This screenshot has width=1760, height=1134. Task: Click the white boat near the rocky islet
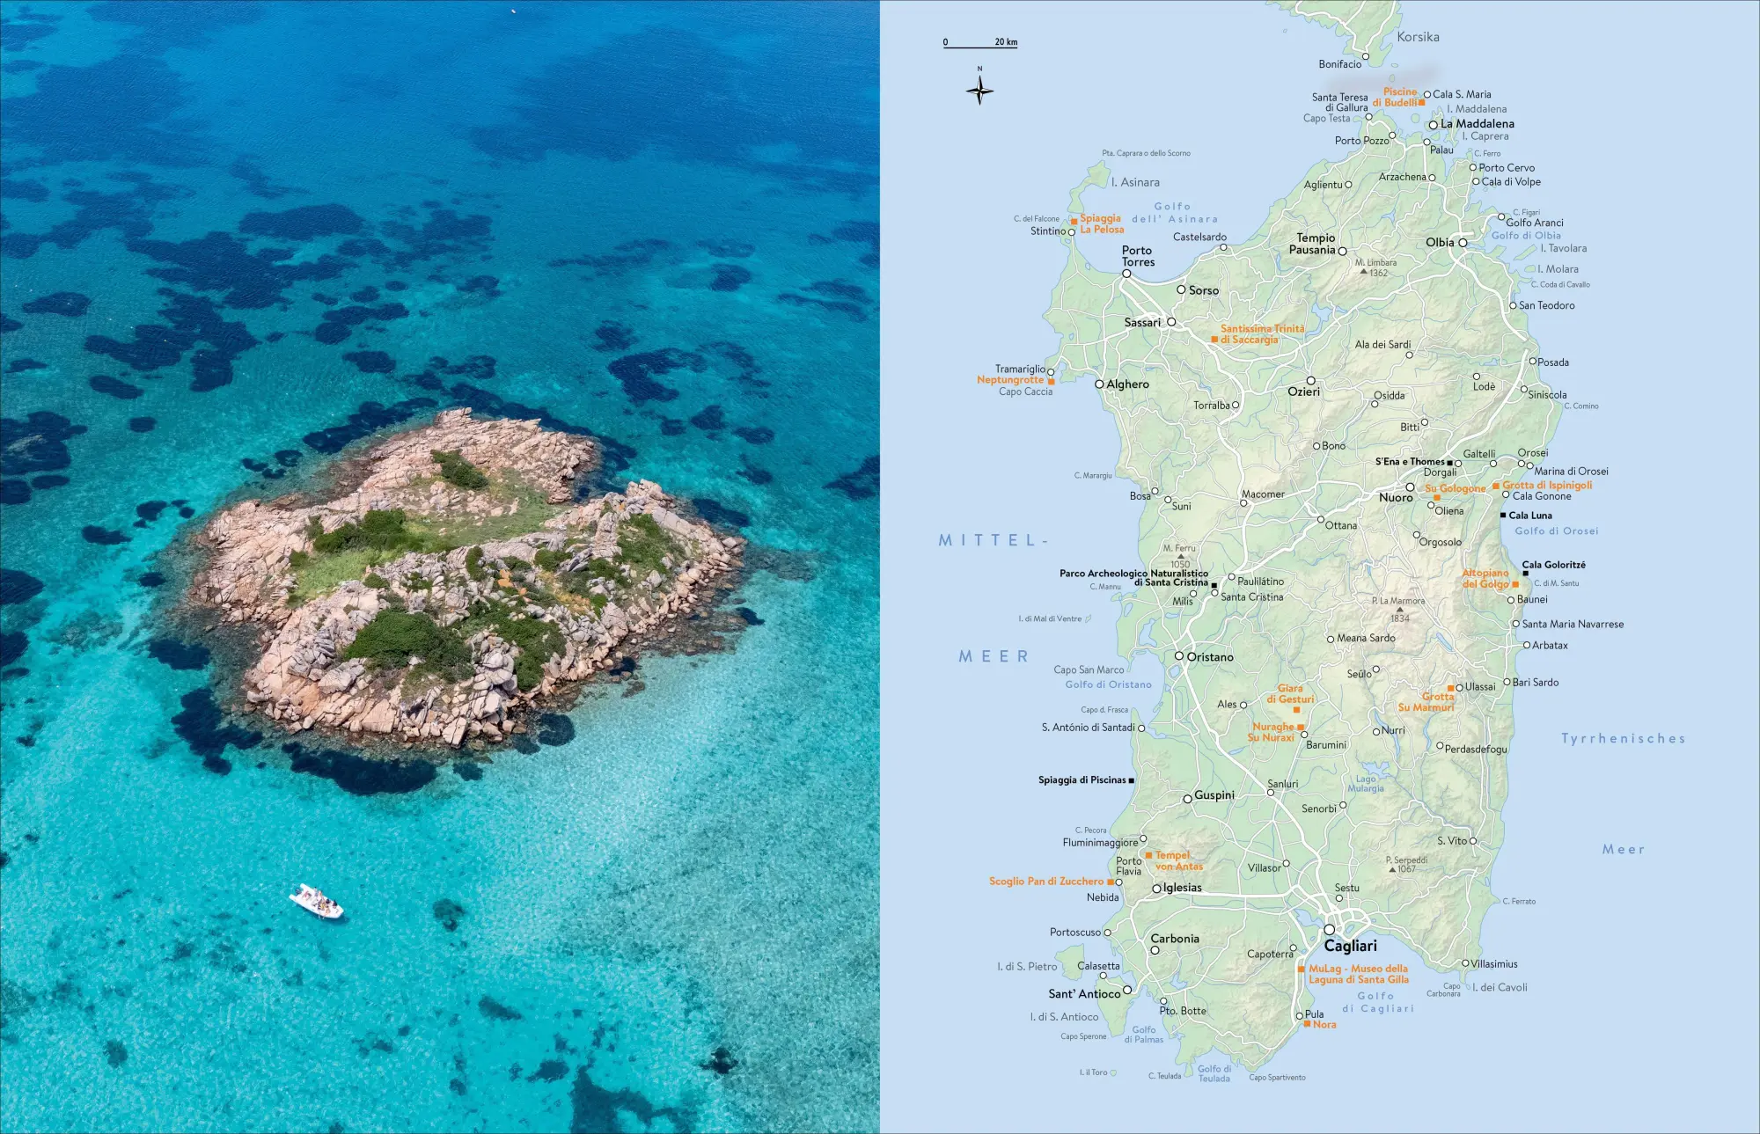(316, 902)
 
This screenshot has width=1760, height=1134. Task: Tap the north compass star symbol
(979, 90)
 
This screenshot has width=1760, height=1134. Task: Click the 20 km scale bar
(980, 46)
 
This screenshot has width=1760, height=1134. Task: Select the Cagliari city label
(1350, 946)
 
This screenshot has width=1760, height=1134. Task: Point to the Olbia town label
(1440, 242)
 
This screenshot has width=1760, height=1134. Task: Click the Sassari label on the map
(1142, 323)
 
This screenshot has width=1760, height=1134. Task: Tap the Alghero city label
(1127, 384)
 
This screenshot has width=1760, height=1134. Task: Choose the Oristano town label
(1210, 657)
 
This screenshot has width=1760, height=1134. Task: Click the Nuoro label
(1396, 498)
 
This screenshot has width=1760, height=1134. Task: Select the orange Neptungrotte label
(1010, 380)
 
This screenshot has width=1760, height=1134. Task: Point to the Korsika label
(1418, 37)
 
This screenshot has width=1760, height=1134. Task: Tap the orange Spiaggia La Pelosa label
(1102, 223)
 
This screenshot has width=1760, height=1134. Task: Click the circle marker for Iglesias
(1156, 889)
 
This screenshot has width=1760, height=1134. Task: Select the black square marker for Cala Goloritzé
(1525, 574)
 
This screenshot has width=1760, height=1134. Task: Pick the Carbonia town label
(1175, 939)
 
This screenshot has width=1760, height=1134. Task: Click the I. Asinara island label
(1135, 182)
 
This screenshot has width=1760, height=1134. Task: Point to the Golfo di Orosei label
(1556, 531)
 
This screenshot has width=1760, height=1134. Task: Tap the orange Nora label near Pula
(1324, 1025)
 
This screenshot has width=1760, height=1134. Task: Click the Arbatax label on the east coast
(1550, 646)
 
